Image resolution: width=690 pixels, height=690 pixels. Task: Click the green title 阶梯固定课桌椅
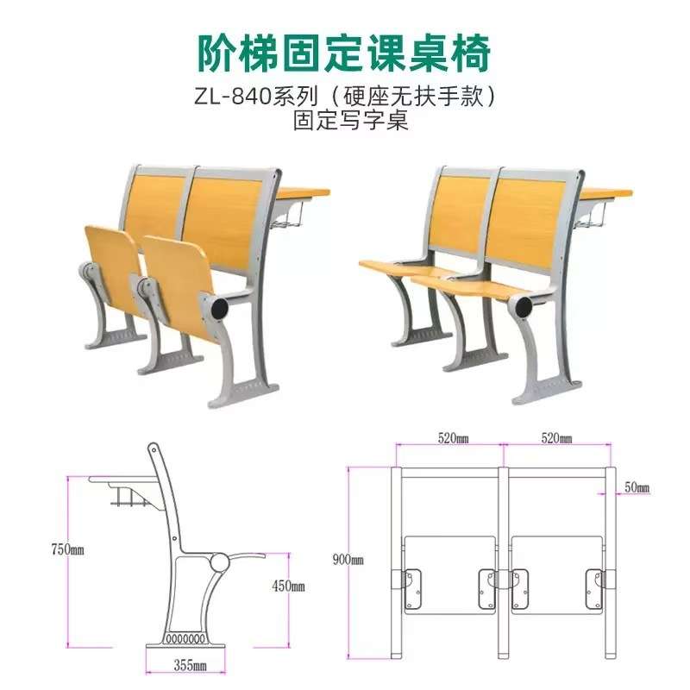point(345,53)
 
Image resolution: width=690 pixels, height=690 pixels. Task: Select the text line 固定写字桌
point(345,122)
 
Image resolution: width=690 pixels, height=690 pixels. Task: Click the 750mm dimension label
point(67,549)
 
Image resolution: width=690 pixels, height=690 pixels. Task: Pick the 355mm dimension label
point(188,665)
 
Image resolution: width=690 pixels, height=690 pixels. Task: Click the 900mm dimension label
point(348,559)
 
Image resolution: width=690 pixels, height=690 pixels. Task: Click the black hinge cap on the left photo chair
point(219,306)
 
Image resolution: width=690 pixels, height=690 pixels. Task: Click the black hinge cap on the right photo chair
point(524,304)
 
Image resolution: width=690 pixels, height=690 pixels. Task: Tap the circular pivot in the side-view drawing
point(219,562)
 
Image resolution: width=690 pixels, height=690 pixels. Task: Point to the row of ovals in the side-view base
point(184,639)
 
